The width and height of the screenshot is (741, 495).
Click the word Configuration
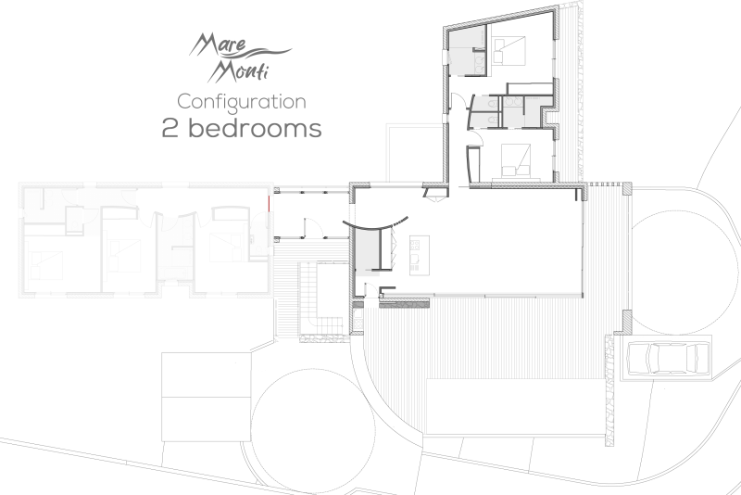click(x=242, y=101)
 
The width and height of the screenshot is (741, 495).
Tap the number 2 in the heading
click(x=170, y=129)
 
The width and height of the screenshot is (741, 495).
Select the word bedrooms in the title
click(x=256, y=129)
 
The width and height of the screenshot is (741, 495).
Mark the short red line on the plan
click(x=269, y=202)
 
